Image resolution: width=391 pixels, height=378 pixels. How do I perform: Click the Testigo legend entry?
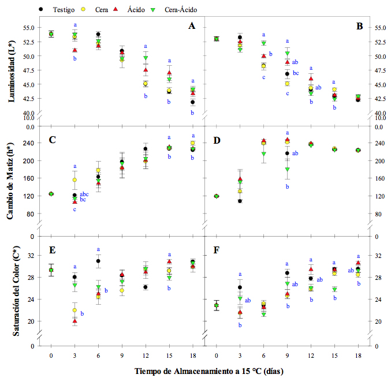click(64, 9)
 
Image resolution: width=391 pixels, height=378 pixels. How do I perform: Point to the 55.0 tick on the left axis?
click(28, 28)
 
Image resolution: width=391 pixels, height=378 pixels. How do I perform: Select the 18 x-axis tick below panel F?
click(358, 356)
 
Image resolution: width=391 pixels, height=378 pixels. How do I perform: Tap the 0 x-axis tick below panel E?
click(51, 356)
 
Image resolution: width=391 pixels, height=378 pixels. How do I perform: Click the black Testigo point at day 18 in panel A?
click(192, 102)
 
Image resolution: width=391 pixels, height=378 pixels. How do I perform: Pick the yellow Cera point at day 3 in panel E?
click(75, 310)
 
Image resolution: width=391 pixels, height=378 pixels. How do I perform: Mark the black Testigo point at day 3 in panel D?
click(240, 201)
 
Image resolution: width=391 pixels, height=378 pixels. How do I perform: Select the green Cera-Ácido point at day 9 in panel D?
click(287, 170)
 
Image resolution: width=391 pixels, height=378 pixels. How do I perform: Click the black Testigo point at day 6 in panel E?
click(98, 261)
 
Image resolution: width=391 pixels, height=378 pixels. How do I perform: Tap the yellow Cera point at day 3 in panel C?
click(75, 180)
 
